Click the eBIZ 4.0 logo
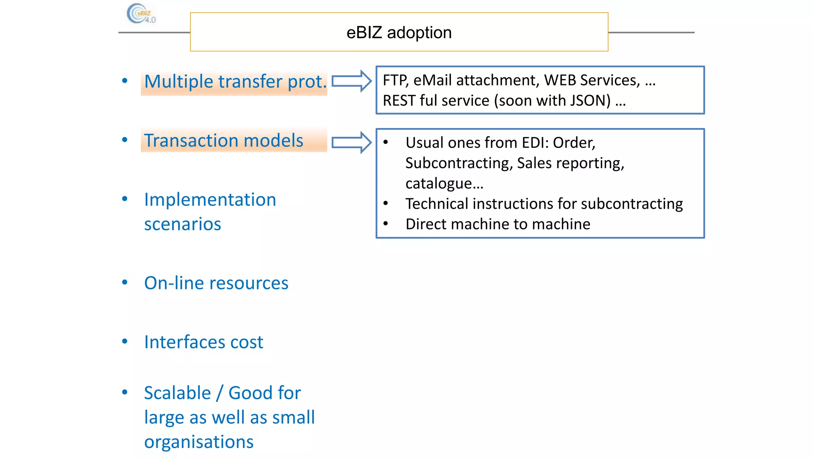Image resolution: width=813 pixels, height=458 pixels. pos(141,14)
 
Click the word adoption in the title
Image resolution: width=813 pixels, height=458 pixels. pos(419,33)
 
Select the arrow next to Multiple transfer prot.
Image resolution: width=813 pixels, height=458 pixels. pos(351,81)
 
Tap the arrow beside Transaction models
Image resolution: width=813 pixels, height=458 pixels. pos(351,142)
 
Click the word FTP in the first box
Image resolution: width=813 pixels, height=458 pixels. pos(395,80)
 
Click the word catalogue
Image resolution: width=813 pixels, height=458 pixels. pos(444,183)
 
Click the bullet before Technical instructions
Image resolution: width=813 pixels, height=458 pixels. pos(385,204)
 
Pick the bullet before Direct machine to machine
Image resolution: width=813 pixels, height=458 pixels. pos(385,224)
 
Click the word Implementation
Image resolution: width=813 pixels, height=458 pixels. pos(210,200)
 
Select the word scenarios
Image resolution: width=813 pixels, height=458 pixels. pos(182,224)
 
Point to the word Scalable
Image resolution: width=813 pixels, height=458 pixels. pos(177,393)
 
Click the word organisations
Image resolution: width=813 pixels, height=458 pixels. pos(198,442)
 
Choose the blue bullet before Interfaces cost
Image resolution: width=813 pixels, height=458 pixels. pos(125,342)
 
